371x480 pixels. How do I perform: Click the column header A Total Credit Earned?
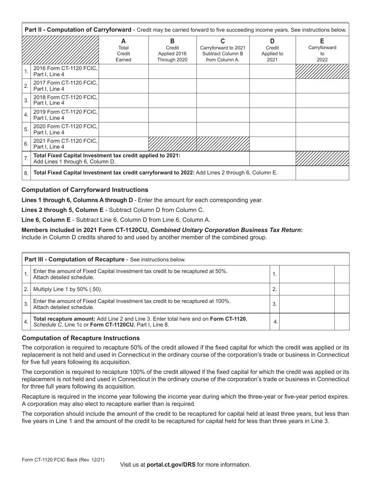[123, 50]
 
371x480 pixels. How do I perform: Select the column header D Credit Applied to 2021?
[272, 50]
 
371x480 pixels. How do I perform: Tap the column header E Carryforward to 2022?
[322, 50]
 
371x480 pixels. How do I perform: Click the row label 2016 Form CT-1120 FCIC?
[65, 71]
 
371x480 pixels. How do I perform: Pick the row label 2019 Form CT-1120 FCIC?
[65, 115]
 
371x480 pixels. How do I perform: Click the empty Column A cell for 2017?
[123, 86]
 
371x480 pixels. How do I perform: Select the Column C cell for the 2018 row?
[223, 100]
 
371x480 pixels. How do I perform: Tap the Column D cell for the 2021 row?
[272, 144]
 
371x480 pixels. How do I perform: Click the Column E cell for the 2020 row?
[322, 129]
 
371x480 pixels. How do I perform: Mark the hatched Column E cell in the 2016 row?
[322, 71]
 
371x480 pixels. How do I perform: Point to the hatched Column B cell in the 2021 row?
[172, 144]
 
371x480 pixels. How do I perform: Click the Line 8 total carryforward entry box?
[322, 173]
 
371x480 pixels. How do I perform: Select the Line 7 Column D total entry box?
[272, 158]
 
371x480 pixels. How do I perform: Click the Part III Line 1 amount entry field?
[307, 274]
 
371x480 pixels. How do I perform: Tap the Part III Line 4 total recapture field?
[307, 322]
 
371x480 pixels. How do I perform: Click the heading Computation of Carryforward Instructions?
[85, 190]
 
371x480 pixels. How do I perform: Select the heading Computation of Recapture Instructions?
[80, 338]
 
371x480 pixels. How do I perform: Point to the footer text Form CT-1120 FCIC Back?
[63, 460]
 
